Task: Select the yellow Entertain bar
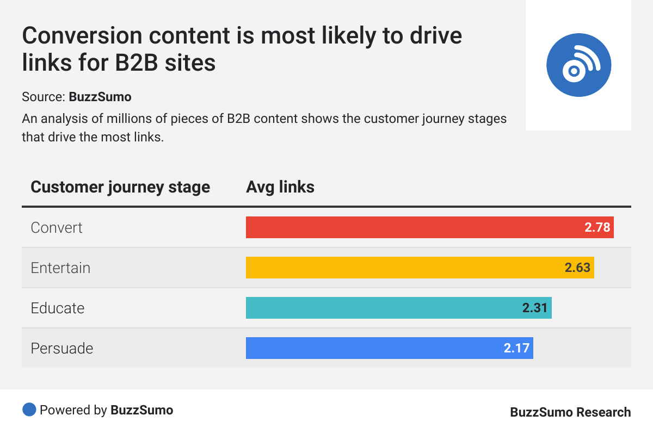click(403, 268)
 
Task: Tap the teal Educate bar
click(381, 308)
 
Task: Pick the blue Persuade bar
click(370, 348)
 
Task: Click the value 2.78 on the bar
click(597, 227)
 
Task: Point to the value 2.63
click(577, 268)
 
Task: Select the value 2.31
click(535, 308)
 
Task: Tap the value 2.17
click(516, 348)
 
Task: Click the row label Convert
click(57, 227)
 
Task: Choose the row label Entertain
click(60, 268)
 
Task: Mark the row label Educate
click(58, 308)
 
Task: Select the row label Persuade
click(62, 348)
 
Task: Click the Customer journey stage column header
click(120, 187)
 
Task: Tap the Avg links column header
click(280, 187)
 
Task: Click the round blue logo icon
click(578, 65)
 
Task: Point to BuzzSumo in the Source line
click(100, 97)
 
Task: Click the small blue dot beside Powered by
click(29, 410)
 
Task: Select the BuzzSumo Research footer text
click(570, 412)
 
